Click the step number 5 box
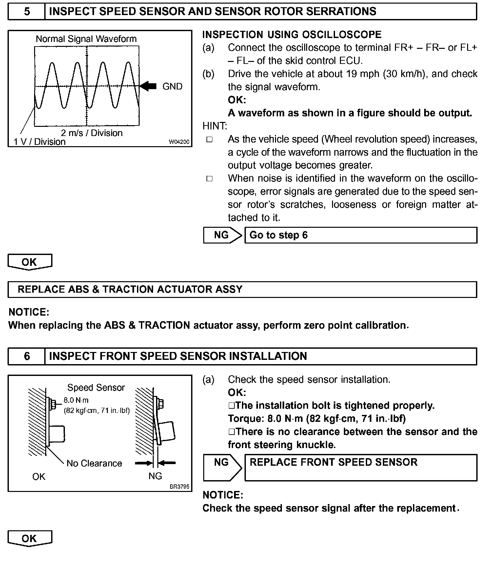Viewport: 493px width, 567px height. [27, 11]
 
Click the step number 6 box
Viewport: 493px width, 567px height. [27, 356]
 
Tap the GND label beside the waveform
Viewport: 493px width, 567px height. [172, 87]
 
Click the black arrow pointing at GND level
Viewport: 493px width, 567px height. [148, 86]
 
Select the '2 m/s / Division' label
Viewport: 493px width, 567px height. [91, 133]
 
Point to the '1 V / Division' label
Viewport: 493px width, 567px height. [40, 142]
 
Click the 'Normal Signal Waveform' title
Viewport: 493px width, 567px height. [86, 39]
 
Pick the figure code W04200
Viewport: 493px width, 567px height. [179, 142]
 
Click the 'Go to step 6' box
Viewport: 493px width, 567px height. [361, 235]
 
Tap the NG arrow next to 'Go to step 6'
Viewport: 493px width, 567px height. [222, 235]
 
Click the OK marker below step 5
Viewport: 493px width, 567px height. [30, 262]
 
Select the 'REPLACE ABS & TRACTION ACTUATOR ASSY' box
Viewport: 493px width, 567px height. [242, 289]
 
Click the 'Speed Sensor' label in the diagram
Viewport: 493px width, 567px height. [96, 387]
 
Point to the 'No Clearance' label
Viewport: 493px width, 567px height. [94, 463]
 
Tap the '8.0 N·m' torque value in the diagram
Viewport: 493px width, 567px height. [76, 400]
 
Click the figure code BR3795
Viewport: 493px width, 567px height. [179, 487]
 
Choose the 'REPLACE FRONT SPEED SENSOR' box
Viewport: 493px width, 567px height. [361, 467]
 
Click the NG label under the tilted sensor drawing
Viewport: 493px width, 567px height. [155, 476]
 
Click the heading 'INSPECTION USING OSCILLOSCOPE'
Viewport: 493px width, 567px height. [292, 35]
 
